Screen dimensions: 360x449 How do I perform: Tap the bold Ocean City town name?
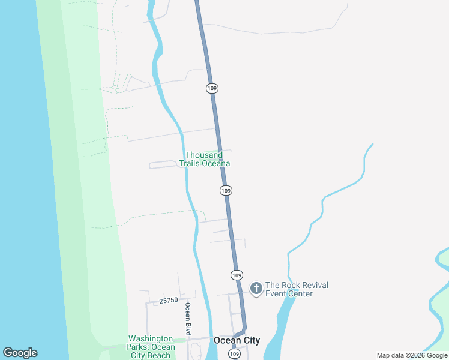coord(237,340)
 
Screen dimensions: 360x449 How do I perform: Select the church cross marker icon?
coord(256,289)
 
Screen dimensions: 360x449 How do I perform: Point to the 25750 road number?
coord(169,300)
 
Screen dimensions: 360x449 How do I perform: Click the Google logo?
coord(20,353)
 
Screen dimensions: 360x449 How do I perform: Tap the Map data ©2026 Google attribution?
coord(412,355)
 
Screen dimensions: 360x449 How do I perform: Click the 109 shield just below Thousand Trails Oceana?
coord(226,190)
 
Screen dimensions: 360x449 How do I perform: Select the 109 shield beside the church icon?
coord(237,275)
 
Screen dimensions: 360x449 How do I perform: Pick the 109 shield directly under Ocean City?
coord(234,355)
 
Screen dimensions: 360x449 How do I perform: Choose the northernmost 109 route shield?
coord(212,88)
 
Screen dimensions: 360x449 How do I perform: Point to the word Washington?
coord(150,339)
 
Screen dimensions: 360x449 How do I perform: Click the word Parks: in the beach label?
coord(139,347)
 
